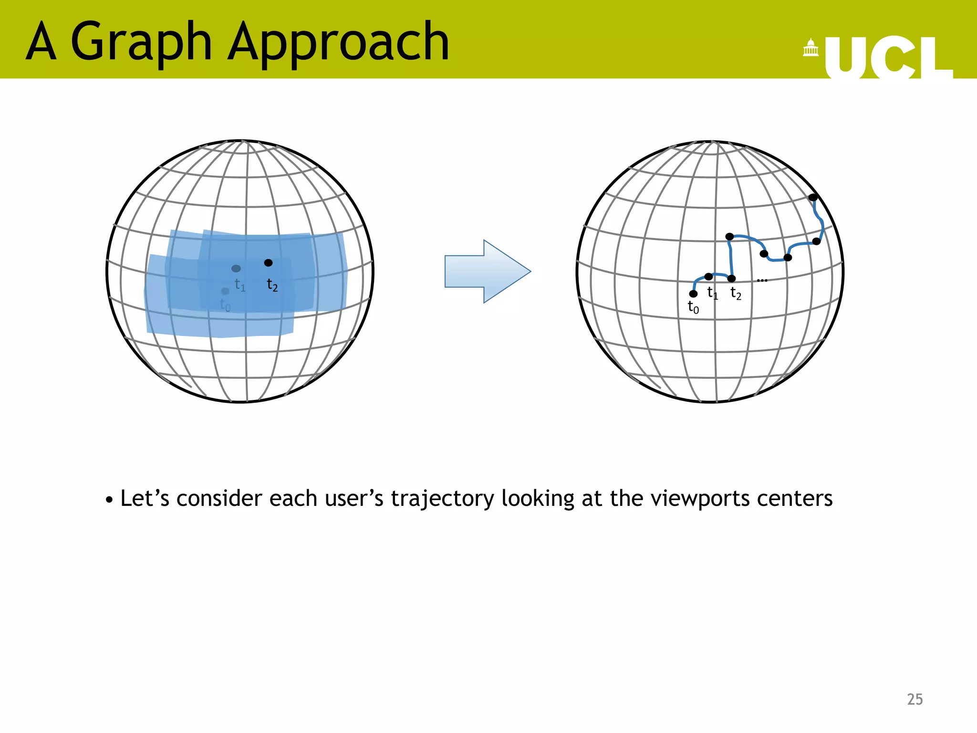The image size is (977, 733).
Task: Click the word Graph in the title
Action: tap(141, 43)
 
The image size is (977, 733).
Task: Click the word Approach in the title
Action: tap(338, 43)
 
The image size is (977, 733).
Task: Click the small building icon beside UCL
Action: tap(811, 48)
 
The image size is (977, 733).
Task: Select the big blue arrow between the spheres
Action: tap(487, 271)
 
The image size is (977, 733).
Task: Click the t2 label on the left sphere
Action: tap(272, 285)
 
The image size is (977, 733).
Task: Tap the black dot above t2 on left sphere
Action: tap(268, 263)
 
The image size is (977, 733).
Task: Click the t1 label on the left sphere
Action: tap(240, 285)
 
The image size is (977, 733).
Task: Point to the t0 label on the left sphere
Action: tap(225, 304)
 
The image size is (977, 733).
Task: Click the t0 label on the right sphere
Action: tap(693, 307)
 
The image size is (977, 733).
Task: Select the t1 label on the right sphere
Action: tap(712, 293)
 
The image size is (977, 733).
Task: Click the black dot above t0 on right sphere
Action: tap(693, 293)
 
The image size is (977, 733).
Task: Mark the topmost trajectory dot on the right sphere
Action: tap(813, 197)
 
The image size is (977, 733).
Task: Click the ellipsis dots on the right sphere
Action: tap(762, 280)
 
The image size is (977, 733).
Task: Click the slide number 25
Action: tap(915, 699)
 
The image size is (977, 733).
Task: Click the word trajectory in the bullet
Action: tap(442, 499)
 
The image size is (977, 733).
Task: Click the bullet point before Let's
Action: tap(110, 500)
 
